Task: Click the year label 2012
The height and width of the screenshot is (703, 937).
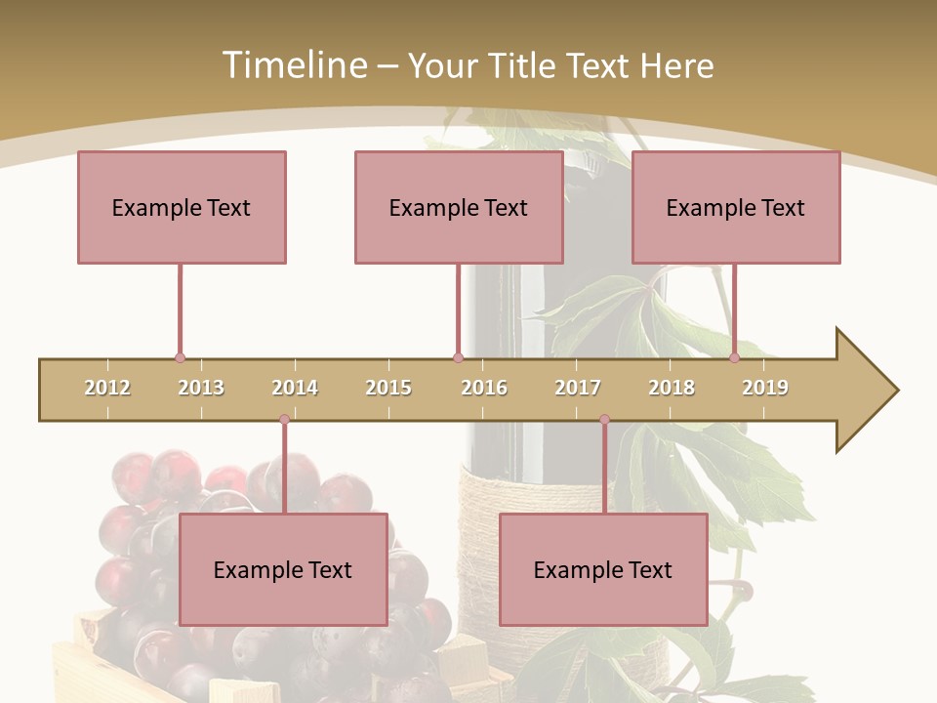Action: tap(107, 388)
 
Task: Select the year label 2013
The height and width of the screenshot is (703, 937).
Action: tap(201, 388)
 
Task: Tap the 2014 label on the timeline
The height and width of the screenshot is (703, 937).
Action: tap(295, 388)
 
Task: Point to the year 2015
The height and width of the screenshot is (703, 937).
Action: tap(388, 388)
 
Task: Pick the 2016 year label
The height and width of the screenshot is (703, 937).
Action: tap(484, 388)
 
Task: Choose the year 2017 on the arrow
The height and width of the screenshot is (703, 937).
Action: tap(578, 388)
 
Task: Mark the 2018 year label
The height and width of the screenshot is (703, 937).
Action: tap(672, 388)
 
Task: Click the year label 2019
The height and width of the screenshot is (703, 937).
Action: tap(765, 388)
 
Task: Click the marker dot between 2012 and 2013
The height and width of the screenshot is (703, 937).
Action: tap(180, 358)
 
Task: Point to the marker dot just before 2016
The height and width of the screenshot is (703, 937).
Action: tap(458, 358)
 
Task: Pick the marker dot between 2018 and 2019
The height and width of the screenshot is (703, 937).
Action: tap(734, 358)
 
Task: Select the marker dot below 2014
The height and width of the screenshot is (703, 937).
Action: tap(284, 420)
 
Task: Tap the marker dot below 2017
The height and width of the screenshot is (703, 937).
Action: tap(604, 420)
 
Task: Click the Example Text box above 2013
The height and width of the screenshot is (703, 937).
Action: tap(182, 207)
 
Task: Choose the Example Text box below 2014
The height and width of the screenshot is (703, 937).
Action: tap(283, 569)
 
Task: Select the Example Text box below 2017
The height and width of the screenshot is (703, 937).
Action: tap(603, 569)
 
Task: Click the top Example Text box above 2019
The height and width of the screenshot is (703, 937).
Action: tap(736, 207)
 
